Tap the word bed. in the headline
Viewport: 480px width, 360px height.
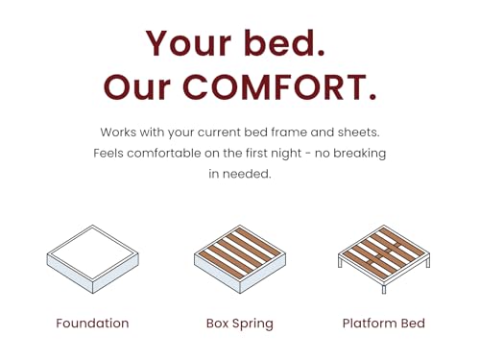(288, 43)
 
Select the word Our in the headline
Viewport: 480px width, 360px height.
(144, 87)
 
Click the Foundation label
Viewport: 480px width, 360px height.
(92, 324)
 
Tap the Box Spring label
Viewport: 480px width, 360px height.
(239, 324)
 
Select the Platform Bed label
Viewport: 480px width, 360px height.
(384, 324)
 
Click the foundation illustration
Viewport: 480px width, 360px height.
(92, 259)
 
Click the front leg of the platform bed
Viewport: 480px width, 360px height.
(384, 288)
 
